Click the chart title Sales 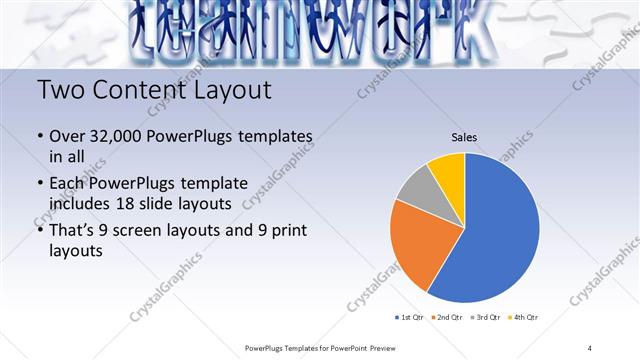tap(464, 137)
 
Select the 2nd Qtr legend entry tap(449, 317)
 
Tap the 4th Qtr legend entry tap(525, 317)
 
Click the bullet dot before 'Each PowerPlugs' tap(40, 184)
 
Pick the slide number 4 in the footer tap(590, 347)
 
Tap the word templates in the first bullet tap(277, 137)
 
